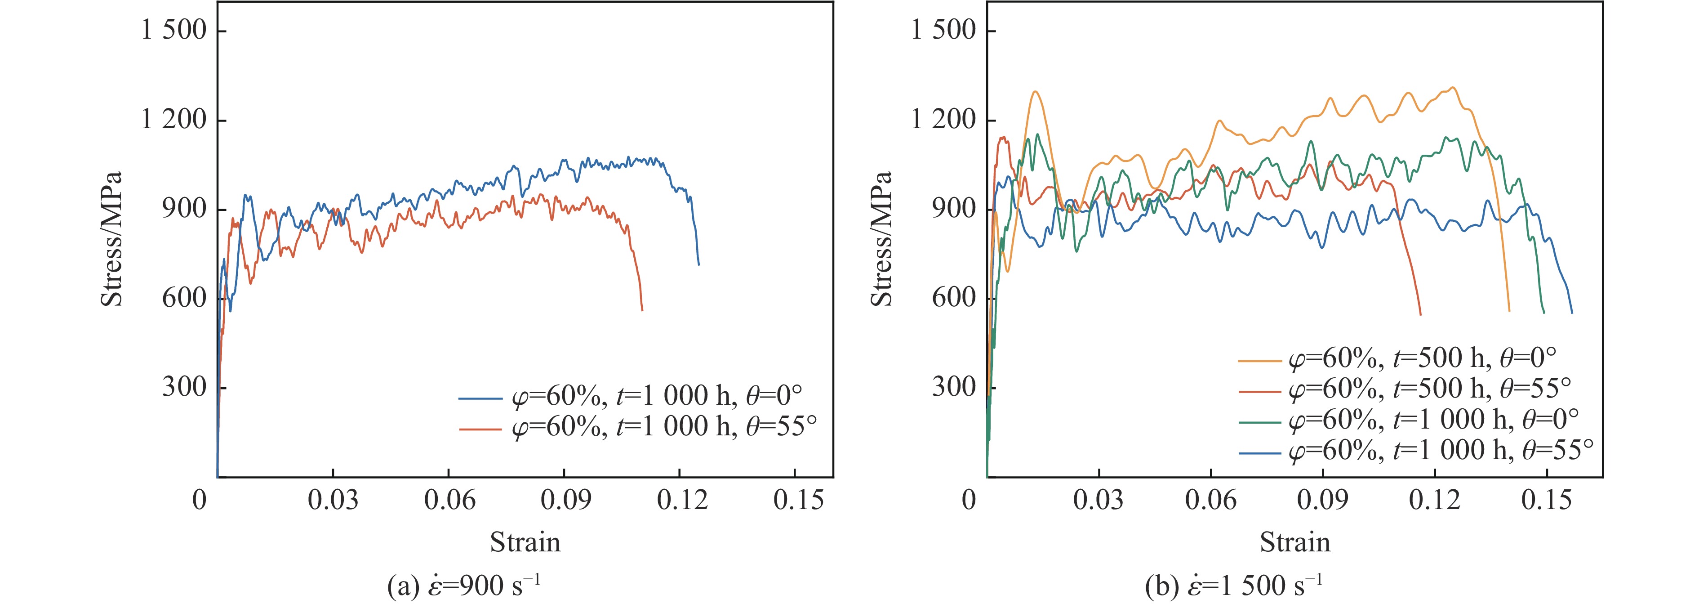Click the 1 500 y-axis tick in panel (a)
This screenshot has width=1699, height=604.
(x=174, y=31)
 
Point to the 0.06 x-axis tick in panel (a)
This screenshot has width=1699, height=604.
(x=449, y=500)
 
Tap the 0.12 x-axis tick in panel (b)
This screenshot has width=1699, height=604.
(x=1435, y=500)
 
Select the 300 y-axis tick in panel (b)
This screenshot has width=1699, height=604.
(x=954, y=387)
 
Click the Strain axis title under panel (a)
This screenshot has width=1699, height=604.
(x=525, y=542)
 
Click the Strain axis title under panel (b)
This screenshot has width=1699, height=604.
(x=1294, y=542)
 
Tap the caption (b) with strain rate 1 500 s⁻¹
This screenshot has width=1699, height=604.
(x=1233, y=585)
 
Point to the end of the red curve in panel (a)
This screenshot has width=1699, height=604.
(x=642, y=309)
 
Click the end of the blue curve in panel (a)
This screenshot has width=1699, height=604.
(x=698, y=265)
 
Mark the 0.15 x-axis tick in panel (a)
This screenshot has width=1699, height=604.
(x=799, y=500)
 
